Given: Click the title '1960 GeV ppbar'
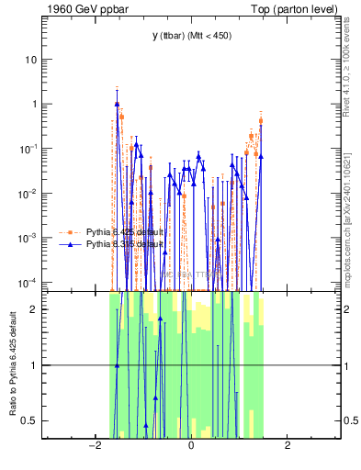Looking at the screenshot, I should (79, 9).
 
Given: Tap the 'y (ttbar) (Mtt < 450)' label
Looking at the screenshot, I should (191, 36).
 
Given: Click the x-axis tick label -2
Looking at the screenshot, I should (93, 446).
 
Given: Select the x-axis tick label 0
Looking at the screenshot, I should (190, 446).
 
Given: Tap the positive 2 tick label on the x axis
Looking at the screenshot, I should (288, 446).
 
